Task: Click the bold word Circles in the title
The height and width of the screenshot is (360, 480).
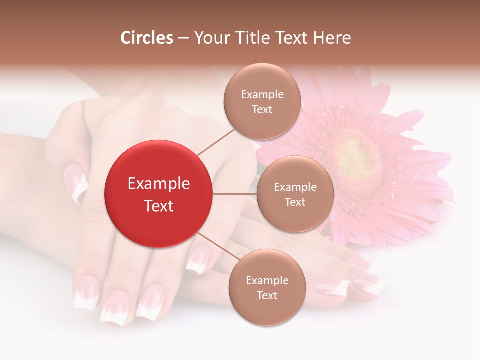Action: [147, 38]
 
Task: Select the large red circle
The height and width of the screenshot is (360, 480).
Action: [158, 194]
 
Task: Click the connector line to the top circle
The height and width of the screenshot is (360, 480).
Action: [216, 141]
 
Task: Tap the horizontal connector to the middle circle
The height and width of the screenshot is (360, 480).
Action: [234, 194]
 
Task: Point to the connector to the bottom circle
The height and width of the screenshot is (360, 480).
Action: [217, 248]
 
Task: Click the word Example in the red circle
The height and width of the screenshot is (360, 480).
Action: [158, 184]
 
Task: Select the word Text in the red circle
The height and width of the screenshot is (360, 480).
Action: [158, 206]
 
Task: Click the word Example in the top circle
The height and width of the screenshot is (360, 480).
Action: [262, 95]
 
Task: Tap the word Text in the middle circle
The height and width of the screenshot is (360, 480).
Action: [295, 202]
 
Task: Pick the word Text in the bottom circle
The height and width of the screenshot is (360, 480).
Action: [267, 296]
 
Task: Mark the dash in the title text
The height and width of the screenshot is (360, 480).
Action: [183, 38]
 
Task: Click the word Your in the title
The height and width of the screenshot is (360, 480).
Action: [208, 38]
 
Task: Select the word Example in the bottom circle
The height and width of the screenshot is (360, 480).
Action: [267, 281]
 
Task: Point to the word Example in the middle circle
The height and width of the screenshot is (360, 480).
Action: [295, 187]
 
